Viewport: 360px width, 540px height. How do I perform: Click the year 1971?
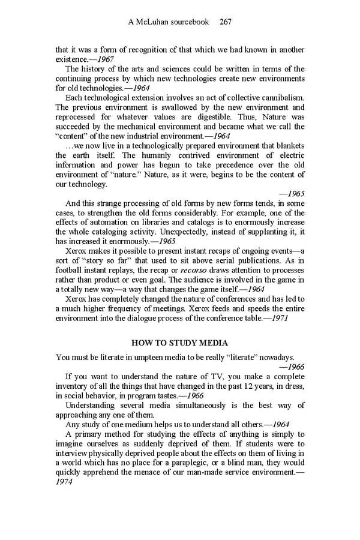(x=278, y=318)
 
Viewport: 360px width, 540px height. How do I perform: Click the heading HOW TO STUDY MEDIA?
(x=179, y=343)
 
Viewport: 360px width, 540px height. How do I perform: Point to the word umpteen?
(x=145, y=358)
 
